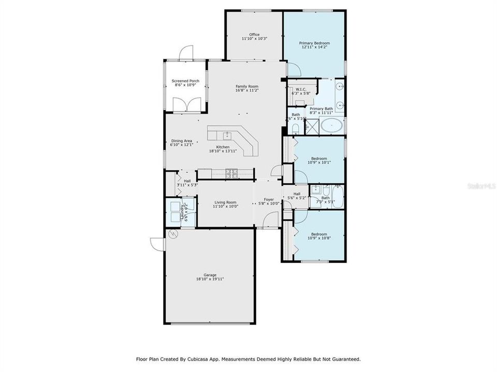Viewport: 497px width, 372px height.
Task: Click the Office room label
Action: click(x=254, y=35)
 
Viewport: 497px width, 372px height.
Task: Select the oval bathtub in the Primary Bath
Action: click(x=331, y=125)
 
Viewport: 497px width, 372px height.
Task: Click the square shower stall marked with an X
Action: click(x=312, y=125)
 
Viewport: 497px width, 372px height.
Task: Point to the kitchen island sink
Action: click(x=227, y=136)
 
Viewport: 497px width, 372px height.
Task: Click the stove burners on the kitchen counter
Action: click(x=231, y=174)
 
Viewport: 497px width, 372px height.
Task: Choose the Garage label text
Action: click(x=210, y=275)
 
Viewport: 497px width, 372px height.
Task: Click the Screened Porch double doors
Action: click(x=186, y=105)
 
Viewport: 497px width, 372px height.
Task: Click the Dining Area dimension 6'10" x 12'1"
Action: click(x=182, y=145)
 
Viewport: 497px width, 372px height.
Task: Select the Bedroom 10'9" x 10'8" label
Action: click(x=318, y=234)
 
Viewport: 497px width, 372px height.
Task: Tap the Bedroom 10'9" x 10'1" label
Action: click(x=318, y=158)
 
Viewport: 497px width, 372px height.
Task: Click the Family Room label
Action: click(x=247, y=86)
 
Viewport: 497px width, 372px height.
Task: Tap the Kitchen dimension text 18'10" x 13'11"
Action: click(x=223, y=151)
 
